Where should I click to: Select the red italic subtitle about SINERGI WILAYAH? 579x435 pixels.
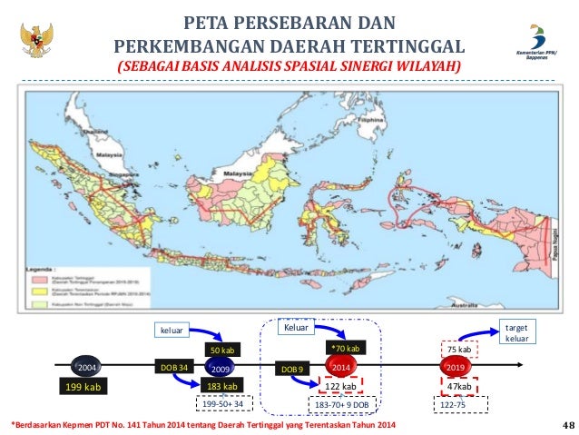click(289, 68)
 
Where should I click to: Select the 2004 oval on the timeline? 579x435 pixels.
click(87, 370)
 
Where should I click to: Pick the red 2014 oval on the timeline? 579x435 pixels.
click(340, 369)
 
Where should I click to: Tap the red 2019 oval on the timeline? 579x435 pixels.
click(456, 369)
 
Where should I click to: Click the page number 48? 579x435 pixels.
click(568, 424)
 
